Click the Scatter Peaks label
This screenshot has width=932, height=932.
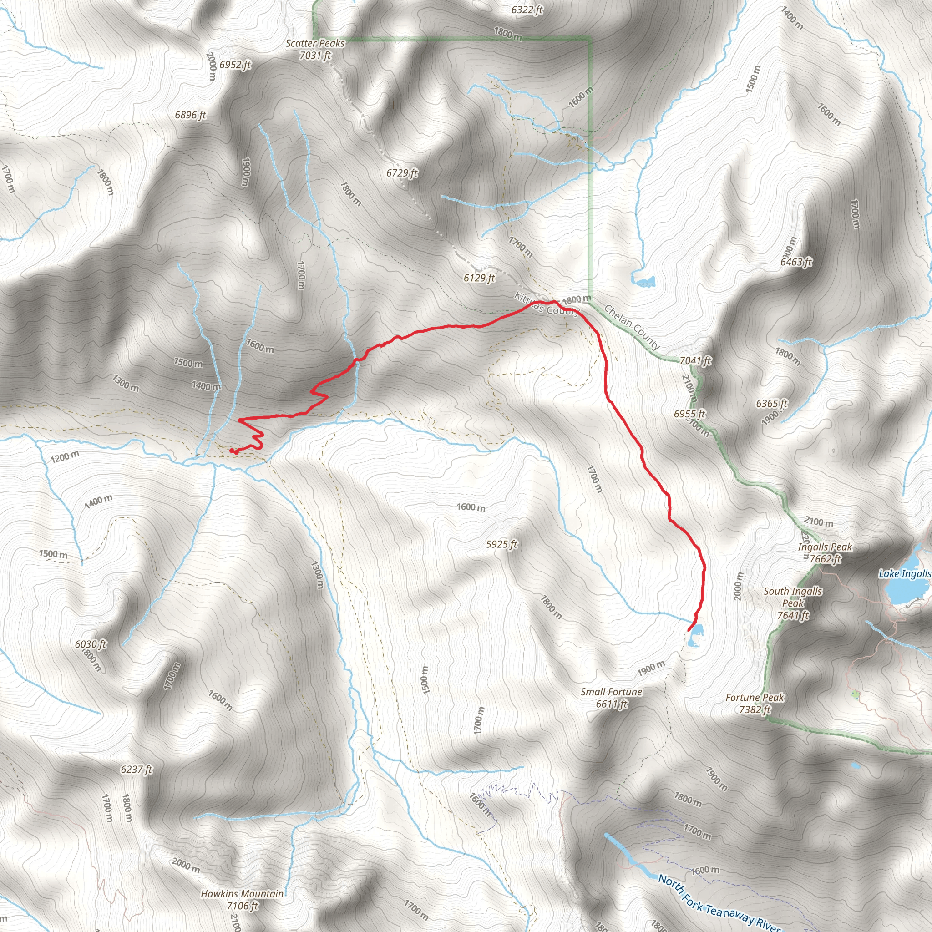point(315,49)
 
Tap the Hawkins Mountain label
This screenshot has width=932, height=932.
point(242,900)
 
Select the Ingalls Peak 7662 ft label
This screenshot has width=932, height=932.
point(825,553)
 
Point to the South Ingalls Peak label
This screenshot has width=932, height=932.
point(793,603)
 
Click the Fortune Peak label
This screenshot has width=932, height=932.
point(755,704)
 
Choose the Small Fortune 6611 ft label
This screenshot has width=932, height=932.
point(611,698)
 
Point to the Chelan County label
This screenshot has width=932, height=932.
point(632,327)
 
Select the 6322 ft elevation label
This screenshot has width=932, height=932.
point(527,10)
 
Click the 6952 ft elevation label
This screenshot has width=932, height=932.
point(235,65)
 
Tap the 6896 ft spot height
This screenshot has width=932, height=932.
point(190,115)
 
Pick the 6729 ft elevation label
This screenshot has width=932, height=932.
point(402,172)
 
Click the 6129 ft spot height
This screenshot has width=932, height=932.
point(479,278)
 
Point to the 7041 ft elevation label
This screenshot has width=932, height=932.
point(695,360)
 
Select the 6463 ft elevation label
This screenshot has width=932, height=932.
point(796,262)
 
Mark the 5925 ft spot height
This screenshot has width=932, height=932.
point(501,544)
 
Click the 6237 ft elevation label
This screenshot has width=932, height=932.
point(137,770)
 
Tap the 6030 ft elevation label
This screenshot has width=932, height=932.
point(91,644)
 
